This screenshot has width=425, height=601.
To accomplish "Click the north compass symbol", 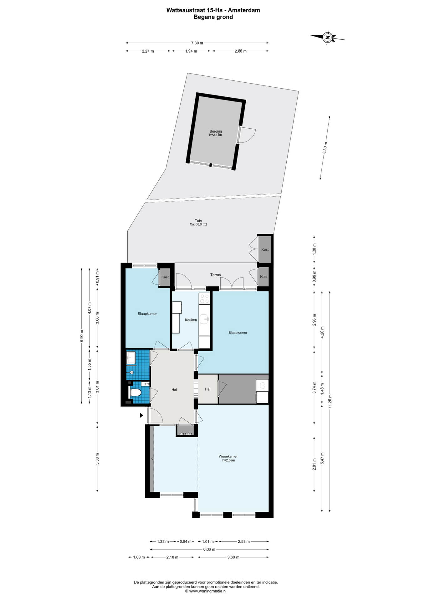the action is click(327, 38).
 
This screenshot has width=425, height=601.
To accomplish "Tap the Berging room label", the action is click(216, 131).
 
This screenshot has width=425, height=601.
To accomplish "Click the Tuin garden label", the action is click(198, 221).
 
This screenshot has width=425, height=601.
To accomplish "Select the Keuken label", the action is click(191, 320).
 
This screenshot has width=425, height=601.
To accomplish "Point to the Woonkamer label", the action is click(228, 456).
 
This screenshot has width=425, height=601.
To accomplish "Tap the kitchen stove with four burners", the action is click(204, 298).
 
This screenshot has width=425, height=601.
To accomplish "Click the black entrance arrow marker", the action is click(141, 415).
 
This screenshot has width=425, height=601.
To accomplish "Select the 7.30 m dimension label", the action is click(197, 43).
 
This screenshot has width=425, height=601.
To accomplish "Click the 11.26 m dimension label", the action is click(330, 401).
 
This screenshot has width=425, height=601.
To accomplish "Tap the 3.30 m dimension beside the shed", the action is click(325, 148).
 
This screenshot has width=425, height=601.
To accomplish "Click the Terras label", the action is click(215, 275).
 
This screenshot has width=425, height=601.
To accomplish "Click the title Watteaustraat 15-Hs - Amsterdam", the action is click(213, 10).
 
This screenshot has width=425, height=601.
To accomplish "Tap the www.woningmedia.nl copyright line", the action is click(206, 591).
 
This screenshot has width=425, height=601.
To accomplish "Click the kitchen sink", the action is click(205, 319).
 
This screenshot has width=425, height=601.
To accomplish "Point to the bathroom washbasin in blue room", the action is click(131, 357).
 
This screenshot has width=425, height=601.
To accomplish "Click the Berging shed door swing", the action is click(247, 135).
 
